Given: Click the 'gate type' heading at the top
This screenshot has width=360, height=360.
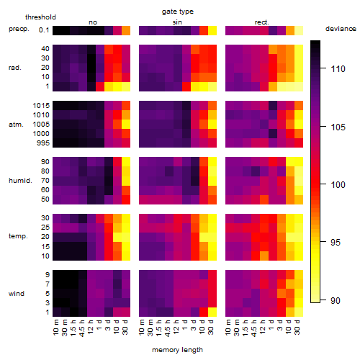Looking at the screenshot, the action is point(178,12).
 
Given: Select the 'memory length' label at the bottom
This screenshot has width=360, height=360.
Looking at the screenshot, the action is point(177,350).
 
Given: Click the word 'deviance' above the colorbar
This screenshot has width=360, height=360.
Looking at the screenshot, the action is point(341,29).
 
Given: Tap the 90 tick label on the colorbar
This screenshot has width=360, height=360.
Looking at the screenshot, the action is point(336,300).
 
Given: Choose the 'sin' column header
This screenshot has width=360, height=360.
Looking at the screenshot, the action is point(177,22).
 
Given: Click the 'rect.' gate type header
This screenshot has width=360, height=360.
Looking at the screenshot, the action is point(262,22).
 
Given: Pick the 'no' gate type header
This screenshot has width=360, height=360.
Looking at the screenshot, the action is point(93,22).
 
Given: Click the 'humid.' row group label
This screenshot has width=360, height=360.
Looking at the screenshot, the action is point(20,181).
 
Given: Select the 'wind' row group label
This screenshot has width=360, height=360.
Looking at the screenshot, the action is point(17,294).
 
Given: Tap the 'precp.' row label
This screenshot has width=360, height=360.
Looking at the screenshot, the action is point(19,30).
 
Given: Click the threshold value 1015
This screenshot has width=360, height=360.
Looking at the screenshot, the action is point(41,106).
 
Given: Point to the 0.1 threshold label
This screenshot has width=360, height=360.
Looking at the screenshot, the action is point(44,30).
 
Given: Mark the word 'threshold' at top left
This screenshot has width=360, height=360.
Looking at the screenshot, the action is point(40,17).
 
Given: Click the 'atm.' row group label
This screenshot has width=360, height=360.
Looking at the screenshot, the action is point(16,125).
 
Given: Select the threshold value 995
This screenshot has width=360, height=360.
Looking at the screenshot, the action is point(43,143).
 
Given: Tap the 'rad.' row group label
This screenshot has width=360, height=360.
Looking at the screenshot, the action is point(15,68).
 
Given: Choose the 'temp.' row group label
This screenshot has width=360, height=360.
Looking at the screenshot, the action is point(18,236).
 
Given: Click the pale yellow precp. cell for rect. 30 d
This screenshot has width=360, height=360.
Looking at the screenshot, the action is point(299,30).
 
